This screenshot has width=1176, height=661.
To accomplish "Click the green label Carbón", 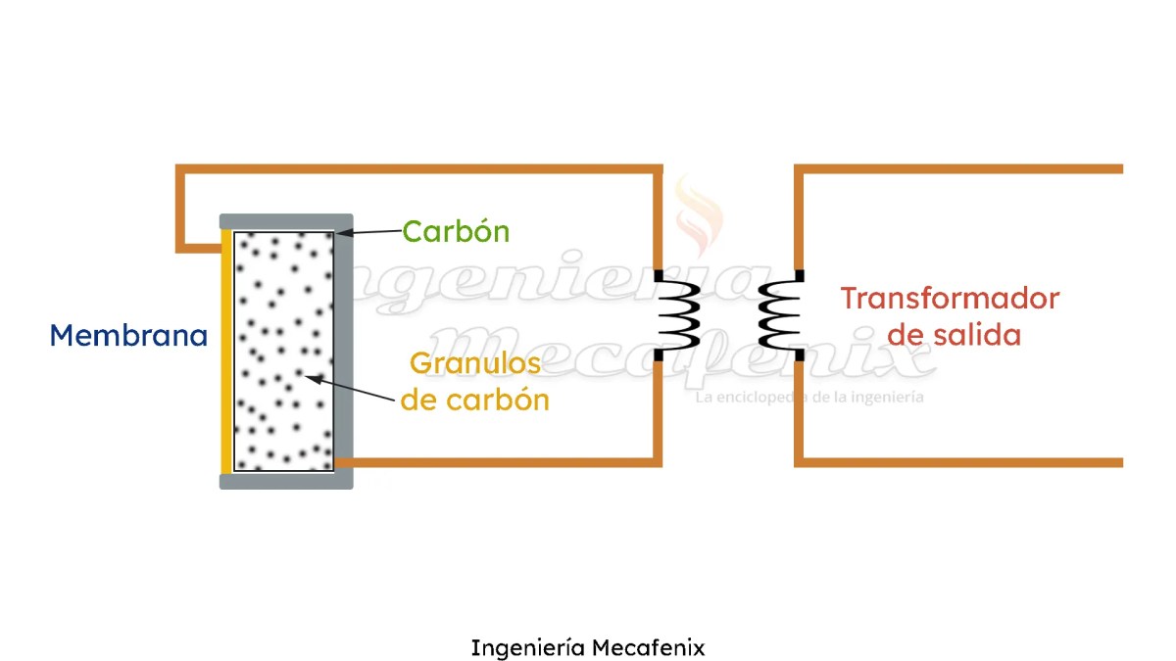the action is pyautogui.click(x=457, y=232).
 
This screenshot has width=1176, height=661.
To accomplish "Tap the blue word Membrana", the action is pyautogui.click(x=128, y=336).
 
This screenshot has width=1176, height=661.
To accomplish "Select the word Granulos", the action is pyautogui.click(x=475, y=363).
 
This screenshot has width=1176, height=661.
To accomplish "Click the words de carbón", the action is pyautogui.click(x=475, y=400).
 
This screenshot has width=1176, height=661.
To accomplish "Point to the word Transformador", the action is pyautogui.click(x=950, y=298).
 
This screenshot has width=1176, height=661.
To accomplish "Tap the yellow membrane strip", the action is pyautogui.click(x=226, y=352).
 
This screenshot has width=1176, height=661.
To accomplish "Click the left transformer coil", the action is pyautogui.click(x=677, y=314).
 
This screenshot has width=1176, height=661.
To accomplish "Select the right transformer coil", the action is pyautogui.click(x=780, y=314).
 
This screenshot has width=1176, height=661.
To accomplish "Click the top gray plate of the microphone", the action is pyautogui.click(x=285, y=220).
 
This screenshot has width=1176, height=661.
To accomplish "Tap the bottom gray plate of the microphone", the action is pyautogui.click(x=285, y=481).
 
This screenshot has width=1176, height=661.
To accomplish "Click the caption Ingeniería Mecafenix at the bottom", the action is pyautogui.click(x=588, y=647).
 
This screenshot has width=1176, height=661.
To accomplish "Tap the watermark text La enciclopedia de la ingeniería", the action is pyautogui.click(x=809, y=398).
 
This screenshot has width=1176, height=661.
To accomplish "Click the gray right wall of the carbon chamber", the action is pyautogui.click(x=344, y=352).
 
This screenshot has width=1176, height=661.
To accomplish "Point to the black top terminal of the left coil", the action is pyautogui.click(x=659, y=275).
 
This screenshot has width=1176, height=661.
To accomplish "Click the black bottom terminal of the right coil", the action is pyautogui.click(x=800, y=354).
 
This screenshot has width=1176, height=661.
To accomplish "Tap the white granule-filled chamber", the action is pyautogui.click(x=284, y=352).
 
